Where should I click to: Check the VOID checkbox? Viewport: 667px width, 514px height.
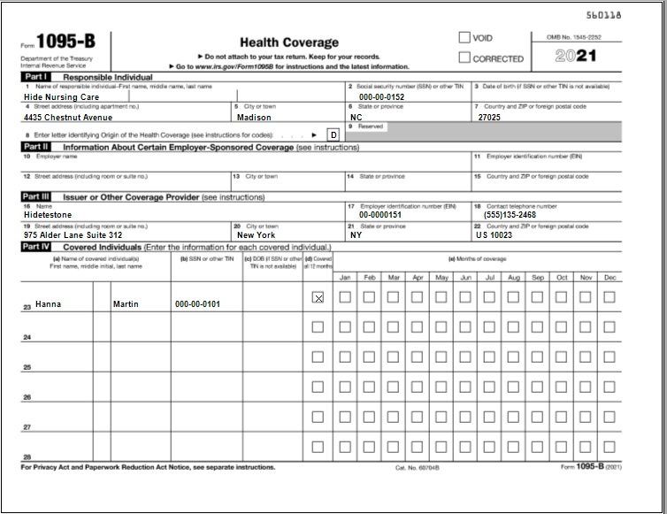[464, 38]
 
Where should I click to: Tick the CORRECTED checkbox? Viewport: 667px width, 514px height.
[464, 58]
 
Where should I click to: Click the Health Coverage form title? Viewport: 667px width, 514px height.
[289, 42]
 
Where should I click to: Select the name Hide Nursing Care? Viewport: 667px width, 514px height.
[61, 97]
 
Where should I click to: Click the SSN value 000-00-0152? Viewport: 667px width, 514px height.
[381, 97]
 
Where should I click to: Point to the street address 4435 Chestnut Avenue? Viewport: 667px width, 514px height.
[68, 117]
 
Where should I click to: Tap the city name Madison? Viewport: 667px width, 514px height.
[255, 117]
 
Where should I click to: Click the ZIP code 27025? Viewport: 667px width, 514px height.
[490, 117]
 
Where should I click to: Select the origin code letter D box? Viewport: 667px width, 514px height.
[333, 134]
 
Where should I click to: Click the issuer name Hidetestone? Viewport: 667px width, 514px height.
[49, 214]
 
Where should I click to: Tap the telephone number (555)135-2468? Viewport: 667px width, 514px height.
[510, 214]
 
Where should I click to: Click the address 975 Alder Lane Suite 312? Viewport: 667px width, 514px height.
[73, 235]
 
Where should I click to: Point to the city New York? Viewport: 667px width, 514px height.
[256, 235]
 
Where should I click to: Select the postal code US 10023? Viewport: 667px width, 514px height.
[494, 235]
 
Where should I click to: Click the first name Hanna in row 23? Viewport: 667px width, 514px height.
[48, 303]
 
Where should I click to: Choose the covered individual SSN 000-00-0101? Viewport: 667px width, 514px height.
[197, 304]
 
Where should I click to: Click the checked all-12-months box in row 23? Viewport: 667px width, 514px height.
[318, 298]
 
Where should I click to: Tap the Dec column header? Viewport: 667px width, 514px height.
[609, 278]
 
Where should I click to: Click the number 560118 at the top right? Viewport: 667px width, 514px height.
[628, 16]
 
